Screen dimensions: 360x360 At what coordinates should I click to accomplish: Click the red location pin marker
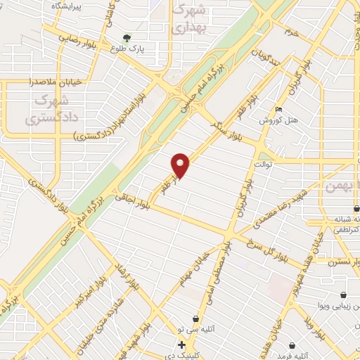tap(181, 165)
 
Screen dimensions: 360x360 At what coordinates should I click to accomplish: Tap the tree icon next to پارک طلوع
tap(127, 38)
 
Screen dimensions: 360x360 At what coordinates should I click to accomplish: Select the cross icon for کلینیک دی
tap(181, 345)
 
